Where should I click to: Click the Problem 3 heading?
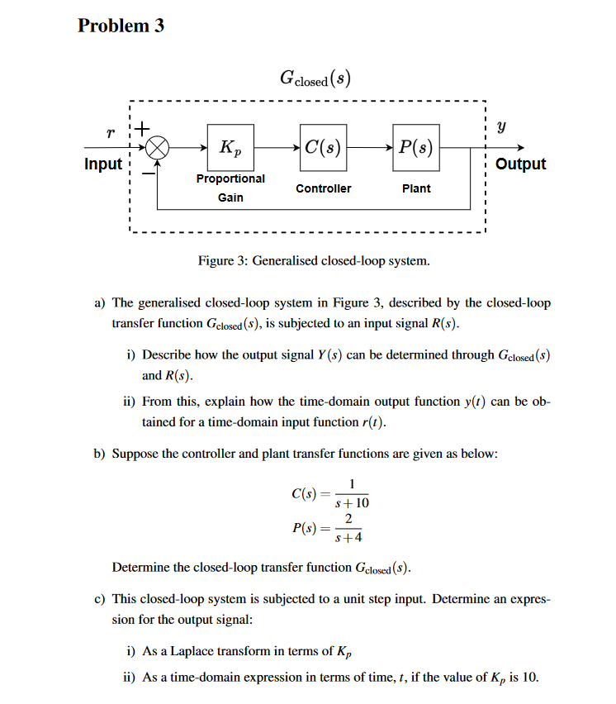pos(121,26)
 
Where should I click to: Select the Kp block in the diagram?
pos(230,148)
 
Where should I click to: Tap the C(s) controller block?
pos(323,148)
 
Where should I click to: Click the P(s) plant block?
pos(416,148)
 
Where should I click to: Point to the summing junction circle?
pos(158,148)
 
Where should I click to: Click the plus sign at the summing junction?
pos(142,129)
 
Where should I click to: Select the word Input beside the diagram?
pos(103,164)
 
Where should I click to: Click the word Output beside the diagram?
pos(520,164)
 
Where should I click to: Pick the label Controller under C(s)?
pos(323,188)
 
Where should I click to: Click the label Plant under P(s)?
pos(416,188)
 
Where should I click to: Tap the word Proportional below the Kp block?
pos(230,178)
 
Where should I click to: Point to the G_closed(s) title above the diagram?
pos(315,79)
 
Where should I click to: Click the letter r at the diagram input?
pos(110,131)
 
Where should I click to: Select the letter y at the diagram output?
pos(503,128)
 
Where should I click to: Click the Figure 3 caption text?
pos(314,261)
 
